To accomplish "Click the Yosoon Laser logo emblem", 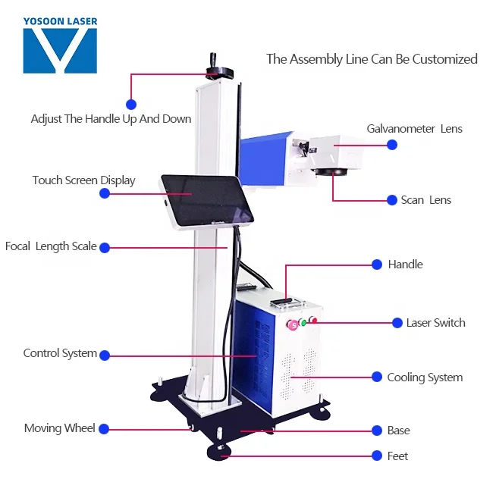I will click(x=60, y=51).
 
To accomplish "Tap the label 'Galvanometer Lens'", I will click(x=414, y=129).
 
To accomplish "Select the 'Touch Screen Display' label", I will click(x=83, y=180).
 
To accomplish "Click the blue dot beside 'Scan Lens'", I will click(x=392, y=200).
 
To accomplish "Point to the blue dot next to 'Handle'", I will click(x=377, y=265).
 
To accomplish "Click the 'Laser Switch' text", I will click(x=435, y=323).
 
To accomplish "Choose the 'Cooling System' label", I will click(x=425, y=377).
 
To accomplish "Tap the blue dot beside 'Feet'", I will click(x=377, y=456).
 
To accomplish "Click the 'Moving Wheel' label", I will click(x=60, y=428).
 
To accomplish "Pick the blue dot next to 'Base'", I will click(x=377, y=431).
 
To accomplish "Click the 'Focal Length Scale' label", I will click(x=51, y=246).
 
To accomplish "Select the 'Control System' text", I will click(x=60, y=353).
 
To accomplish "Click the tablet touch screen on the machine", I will click(x=199, y=202).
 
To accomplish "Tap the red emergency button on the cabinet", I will click(x=292, y=325).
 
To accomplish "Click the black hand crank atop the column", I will click(x=219, y=70).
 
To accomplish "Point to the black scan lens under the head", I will click(x=334, y=172).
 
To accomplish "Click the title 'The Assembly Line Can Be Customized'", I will click(x=372, y=59).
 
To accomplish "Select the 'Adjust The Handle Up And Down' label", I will click(x=111, y=119).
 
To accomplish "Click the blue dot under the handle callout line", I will click(x=131, y=103).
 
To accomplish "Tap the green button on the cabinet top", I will click(x=303, y=323).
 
